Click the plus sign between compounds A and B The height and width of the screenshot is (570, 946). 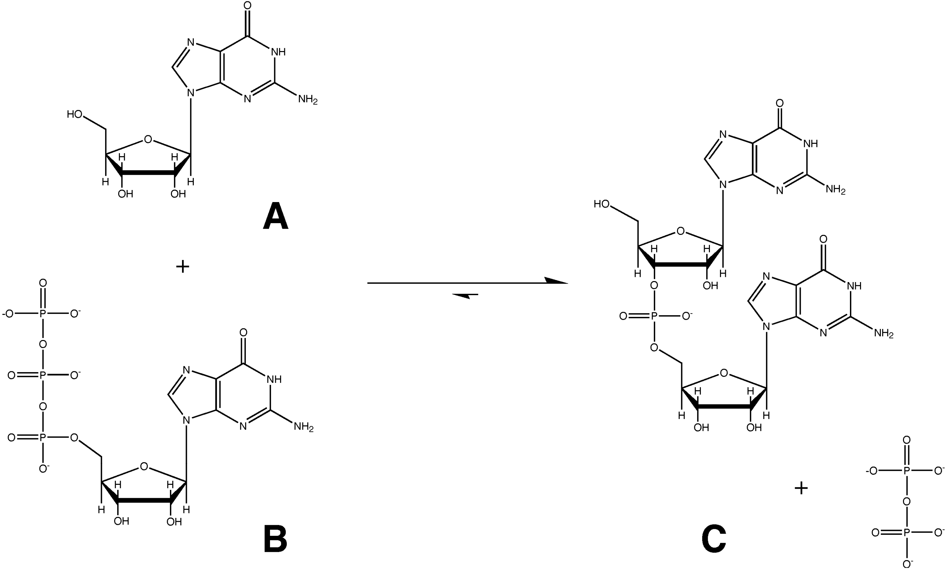coord(182,266)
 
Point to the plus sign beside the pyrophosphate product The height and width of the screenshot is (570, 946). coord(801,488)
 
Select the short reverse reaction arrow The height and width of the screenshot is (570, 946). coord(465,295)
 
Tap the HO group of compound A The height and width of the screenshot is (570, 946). coord(75,114)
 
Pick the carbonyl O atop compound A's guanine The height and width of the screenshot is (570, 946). coord(247,6)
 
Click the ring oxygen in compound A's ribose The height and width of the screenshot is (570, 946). coord(148,139)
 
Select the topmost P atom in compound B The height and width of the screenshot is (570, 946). coord(43,314)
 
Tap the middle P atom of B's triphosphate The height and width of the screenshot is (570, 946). coord(43,375)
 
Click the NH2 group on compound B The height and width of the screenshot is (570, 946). coord(303,427)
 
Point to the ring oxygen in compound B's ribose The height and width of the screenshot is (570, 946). coord(144,467)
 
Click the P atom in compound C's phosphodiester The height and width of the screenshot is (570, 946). coord(655,316)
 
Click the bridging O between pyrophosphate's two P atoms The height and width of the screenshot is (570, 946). coord(907,501)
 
